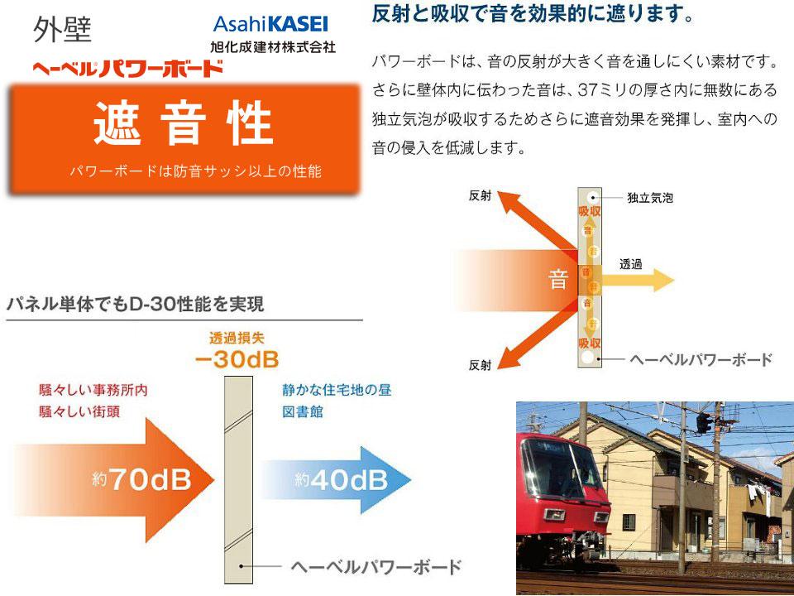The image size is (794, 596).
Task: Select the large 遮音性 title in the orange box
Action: (183, 125)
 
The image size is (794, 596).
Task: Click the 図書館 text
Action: (304, 410)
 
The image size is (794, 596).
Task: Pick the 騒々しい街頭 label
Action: (79, 411)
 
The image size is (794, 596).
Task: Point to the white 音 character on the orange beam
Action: (559, 279)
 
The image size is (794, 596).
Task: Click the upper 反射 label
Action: (480, 196)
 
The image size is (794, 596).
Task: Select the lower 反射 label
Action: (480, 364)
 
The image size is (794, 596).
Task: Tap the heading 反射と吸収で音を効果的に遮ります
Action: (533, 14)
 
